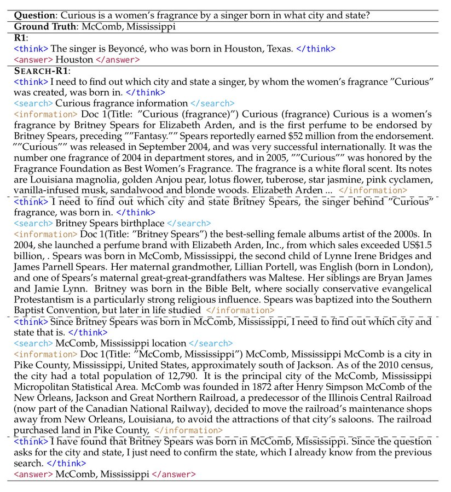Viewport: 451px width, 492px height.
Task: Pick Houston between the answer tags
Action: [x=74, y=60]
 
